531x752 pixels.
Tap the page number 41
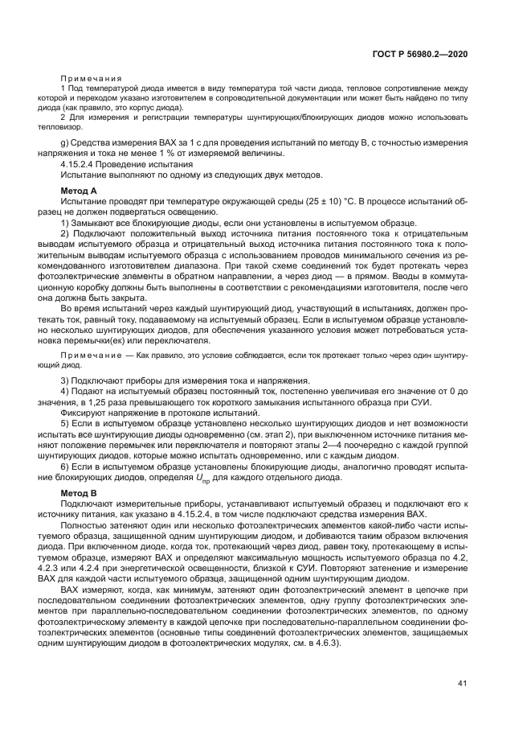point(462,684)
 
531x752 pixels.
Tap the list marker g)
point(65,142)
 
